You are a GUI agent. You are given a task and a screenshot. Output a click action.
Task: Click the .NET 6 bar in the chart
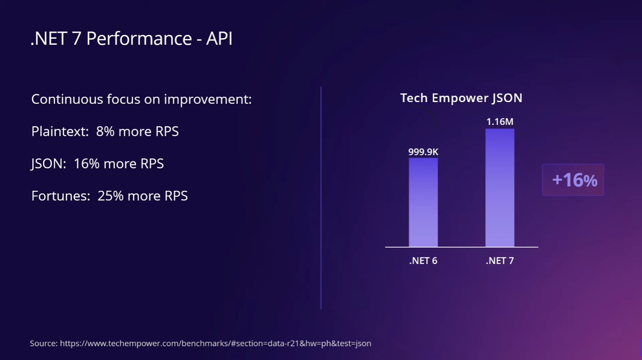pyautogui.click(x=423, y=202)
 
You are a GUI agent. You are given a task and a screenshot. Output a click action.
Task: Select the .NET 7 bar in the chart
pyautogui.click(x=500, y=188)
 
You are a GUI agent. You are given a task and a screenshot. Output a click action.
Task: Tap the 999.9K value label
pyautogui.click(x=423, y=152)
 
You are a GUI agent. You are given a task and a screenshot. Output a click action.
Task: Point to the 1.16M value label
pyautogui.click(x=500, y=122)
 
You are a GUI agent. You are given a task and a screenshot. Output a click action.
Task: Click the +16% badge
pyautogui.click(x=573, y=180)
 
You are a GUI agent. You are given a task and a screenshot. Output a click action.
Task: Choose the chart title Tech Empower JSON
pyautogui.click(x=461, y=98)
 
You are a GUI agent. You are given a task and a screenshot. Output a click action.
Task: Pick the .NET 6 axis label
pyautogui.click(x=423, y=261)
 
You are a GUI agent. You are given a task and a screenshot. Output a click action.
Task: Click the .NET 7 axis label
pyautogui.click(x=500, y=261)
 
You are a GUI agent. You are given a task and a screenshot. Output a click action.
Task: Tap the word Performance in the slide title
pyautogui.click(x=139, y=39)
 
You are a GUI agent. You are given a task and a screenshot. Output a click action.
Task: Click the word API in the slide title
pyautogui.click(x=219, y=39)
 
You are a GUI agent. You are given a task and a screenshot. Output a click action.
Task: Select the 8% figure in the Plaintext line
pyautogui.click(x=105, y=131)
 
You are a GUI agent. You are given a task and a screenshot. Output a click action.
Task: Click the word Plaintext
pyautogui.click(x=60, y=131)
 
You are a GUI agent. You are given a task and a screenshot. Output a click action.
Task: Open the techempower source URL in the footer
pyautogui.click(x=215, y=343)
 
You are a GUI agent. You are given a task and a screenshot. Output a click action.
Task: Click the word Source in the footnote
pyautogui.click(x=43, y=343)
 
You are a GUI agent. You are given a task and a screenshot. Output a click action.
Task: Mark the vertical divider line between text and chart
pyautogui.click(x=321, y=198)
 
